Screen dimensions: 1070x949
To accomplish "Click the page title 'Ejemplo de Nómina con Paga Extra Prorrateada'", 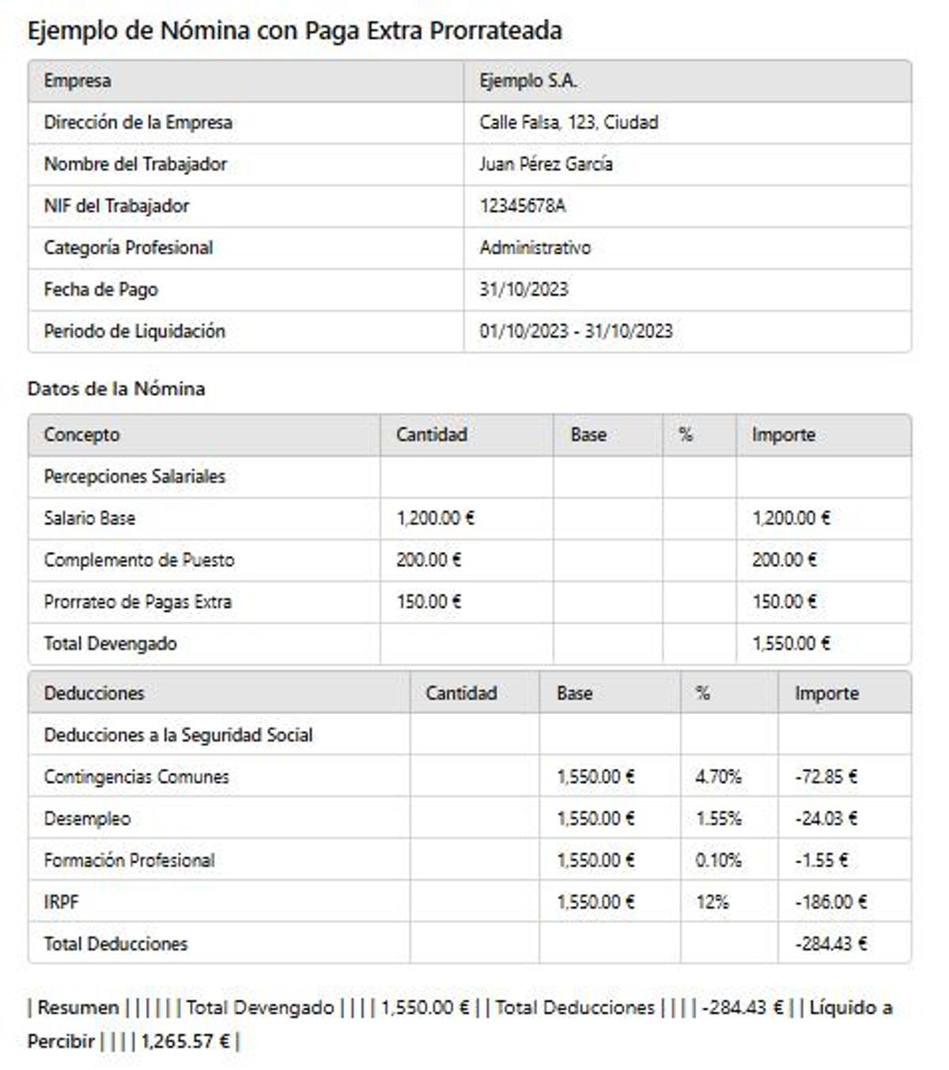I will [294, 31].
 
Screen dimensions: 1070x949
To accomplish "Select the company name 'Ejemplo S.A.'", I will [527, 81].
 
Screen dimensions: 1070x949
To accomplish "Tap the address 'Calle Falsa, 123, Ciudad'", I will [568, 123].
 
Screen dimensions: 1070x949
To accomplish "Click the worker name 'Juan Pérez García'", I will [545, 164].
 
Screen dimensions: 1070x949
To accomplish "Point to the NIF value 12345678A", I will [522, 206].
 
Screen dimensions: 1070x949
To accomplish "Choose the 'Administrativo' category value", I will [535, 248].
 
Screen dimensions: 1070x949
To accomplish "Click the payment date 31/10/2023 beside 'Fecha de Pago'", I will [524, 289].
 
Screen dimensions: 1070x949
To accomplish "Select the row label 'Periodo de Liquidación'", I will [134, 331].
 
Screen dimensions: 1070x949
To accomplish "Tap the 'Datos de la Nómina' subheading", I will [116, 388].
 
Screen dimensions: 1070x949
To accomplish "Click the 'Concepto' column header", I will [81, 435].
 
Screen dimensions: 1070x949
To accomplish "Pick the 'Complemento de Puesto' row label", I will [139, 560].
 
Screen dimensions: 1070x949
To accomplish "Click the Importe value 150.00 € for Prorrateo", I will [784, 602].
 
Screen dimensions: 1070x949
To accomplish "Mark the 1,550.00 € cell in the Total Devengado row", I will [790, 644].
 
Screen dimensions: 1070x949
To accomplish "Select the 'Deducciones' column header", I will [94, 694].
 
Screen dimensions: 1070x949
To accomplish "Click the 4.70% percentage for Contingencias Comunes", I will [718, 777].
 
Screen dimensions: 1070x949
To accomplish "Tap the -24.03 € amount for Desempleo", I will [826, 819].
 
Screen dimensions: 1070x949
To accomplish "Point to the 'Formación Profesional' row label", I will [129, 860].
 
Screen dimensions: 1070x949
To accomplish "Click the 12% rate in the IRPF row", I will [712, 902].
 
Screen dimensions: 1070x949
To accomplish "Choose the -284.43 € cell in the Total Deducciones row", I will [830, 944].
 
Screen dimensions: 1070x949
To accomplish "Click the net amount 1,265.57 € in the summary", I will [185, 1042].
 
